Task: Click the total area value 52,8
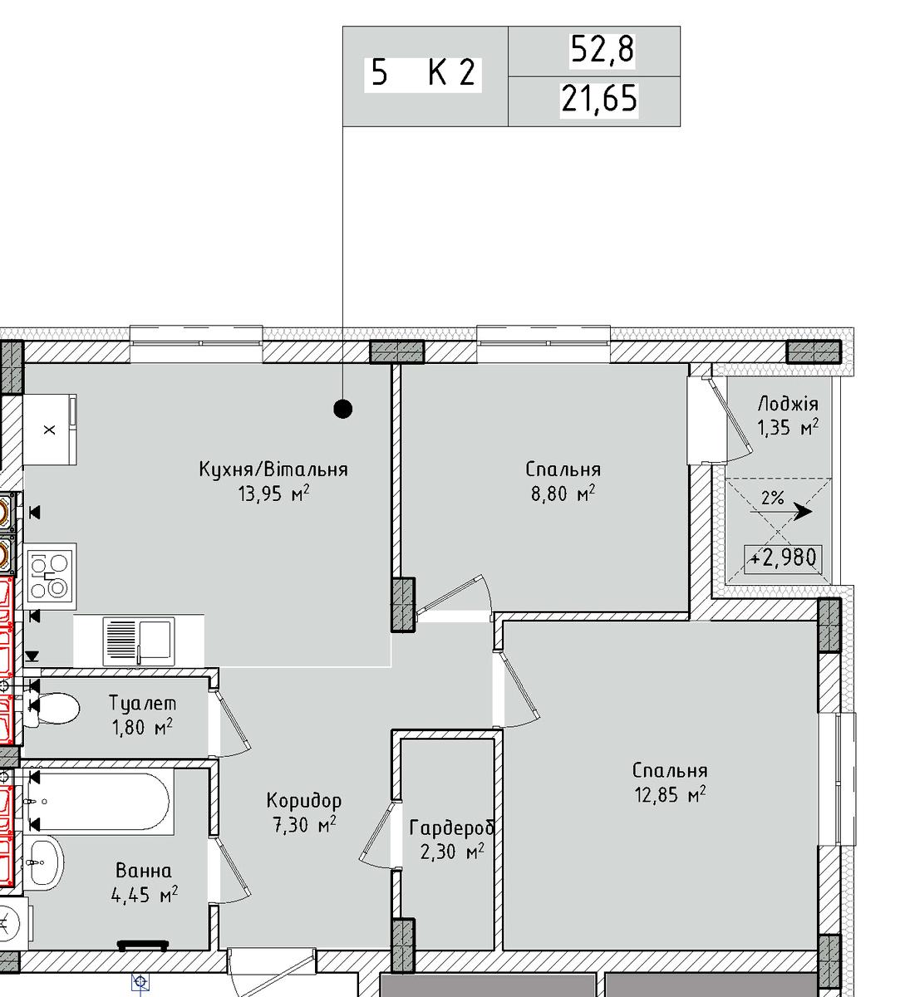click(x=603, y=49)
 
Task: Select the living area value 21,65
click(x=599, y=98)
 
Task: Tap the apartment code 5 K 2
click(x=423, y=72)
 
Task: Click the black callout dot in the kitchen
click(x=343, y=409)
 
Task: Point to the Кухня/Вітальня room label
click(x=273, y=469)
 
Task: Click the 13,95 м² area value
click(x=273, y=494)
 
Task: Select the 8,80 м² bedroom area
click(x=563, y=494)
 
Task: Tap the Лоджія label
click(x=788, y=404)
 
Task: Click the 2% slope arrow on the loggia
click(x=780, y=511)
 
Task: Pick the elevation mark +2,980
click(x=783, y=557)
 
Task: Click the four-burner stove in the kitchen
click(x=50, y=577)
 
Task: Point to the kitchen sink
click(x=139, y=641)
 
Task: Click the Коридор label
click(x=304, y=800)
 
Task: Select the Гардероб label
click(x=451, y=828)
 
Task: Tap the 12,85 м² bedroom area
click(x=671, y=795)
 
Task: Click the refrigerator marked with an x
click(x=50, y=430)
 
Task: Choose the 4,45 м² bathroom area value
click(x=145, y=895)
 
